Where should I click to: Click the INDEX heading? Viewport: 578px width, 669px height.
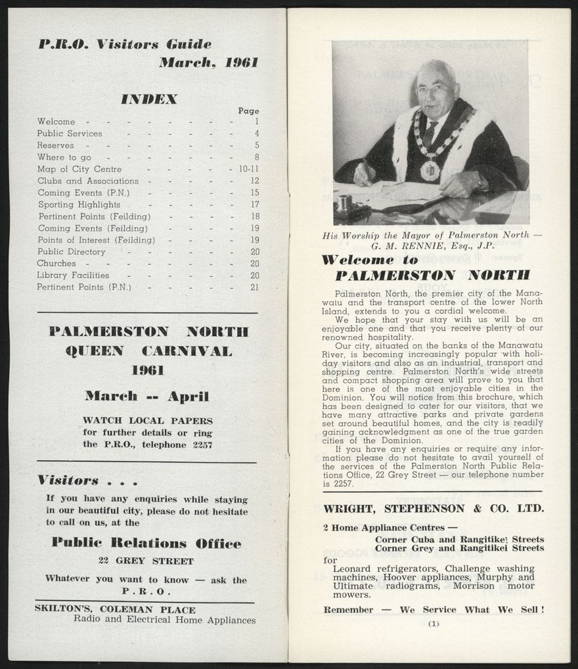point(148,99)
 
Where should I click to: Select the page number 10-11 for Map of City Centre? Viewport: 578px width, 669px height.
point(248,169)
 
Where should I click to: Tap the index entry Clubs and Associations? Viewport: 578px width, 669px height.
point(88,181)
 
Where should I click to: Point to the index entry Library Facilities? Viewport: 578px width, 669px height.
point(73,275)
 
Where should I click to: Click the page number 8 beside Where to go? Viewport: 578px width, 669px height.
point(257,157)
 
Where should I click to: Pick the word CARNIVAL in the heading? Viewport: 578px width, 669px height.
point(187,351)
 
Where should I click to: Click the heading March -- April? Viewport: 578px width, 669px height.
point(146,396)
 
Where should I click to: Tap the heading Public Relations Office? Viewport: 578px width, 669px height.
point(146,543)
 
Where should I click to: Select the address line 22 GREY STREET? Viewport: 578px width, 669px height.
point(146,561)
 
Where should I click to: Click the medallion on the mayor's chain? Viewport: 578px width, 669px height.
point(430,170)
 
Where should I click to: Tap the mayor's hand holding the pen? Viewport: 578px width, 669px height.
point(363,173)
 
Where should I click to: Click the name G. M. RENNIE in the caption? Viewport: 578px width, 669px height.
point(411,246)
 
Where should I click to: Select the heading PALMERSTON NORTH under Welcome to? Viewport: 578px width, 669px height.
point(432,275)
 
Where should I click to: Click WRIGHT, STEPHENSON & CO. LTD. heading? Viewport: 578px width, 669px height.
point(433,508)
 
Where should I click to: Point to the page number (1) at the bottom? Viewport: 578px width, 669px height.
point(433,624)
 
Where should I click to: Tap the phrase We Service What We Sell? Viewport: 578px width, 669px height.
point(472,610)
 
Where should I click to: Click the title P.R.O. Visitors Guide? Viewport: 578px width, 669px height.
point(125,45)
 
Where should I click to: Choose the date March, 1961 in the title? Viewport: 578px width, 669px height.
point(208,63)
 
